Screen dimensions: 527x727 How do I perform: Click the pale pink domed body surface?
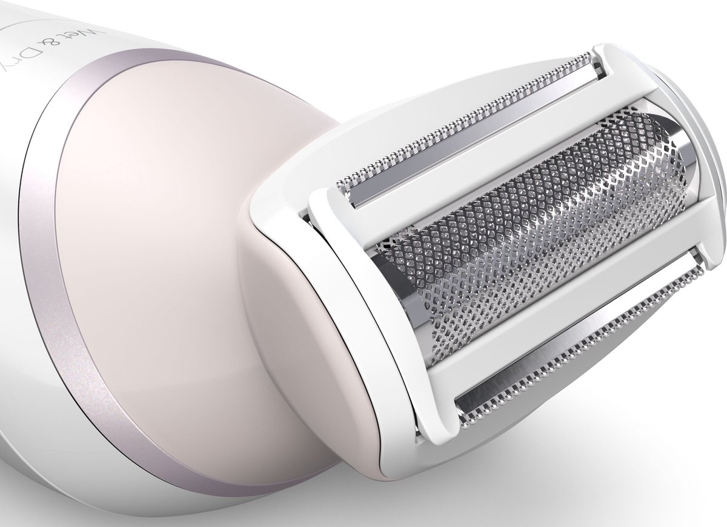(x=182, y=200)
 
